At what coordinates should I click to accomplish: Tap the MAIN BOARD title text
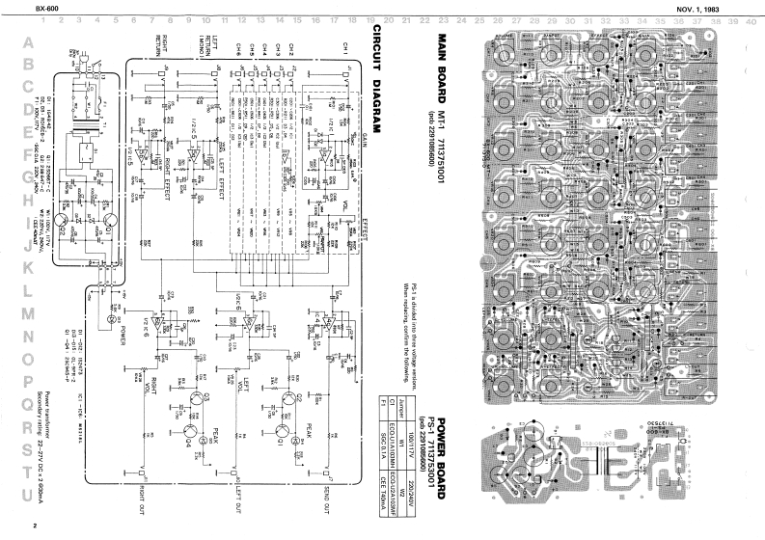[x=443, y=62]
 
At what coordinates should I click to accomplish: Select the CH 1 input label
[x=344, y=47]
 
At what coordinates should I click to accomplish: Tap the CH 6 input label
[x=237, y=47]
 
